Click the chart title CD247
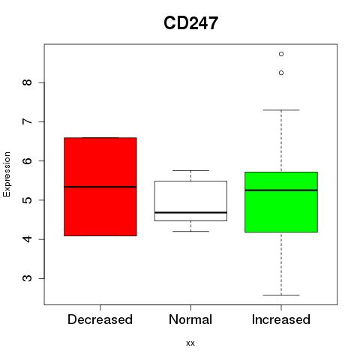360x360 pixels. tap(190, 23)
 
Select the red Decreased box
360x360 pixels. tap(100, 187)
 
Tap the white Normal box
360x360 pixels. tap(190, 201)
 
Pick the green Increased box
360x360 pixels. tap(281, 202)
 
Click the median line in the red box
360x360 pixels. tap(100, 187)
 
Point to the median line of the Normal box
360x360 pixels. tap(190, 212)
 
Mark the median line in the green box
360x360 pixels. tap(281, 190)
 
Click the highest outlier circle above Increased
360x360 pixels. tap(281, 54)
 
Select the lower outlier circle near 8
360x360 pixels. tap(281, 73)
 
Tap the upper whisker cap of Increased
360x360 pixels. tap(281, 109)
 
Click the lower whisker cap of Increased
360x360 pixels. tap(281, 295)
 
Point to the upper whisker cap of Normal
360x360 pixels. tap(190, 170)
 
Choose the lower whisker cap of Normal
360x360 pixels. tap(190, 231)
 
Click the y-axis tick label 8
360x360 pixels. tap(27, 82)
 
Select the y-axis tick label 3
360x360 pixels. tap(27, 278)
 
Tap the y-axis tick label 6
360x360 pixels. tap(27, 160)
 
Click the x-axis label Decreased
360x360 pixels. tap(100, 319)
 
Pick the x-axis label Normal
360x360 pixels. tap(190, 319)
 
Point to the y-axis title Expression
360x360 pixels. tap(7, 174)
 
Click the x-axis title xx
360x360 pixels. tap(190, 343)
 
